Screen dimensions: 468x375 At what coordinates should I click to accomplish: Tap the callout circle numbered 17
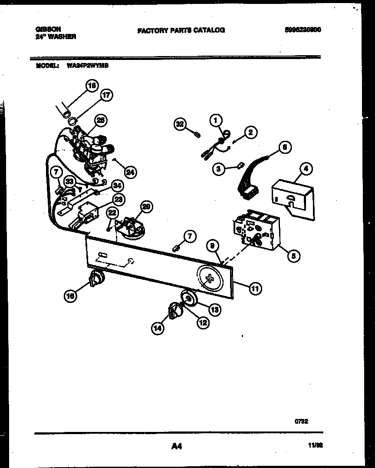click(x=106, y=96)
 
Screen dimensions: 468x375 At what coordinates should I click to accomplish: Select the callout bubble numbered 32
click(x=180, y=124)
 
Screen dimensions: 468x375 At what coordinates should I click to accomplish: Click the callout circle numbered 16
click(x=71, y=295)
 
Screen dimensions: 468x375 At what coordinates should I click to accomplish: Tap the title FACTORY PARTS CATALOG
click(x=181, y=30)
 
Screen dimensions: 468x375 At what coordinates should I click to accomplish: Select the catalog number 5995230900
click(x=303, y=30)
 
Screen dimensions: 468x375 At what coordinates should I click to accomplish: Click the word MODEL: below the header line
click(x=46, y=66)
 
